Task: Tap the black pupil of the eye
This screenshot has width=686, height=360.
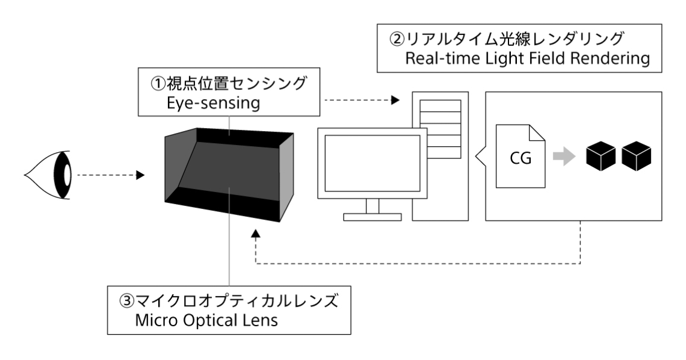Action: coord(63,176)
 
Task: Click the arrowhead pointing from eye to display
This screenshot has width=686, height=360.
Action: coord(139,176)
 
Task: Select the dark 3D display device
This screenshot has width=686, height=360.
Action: coord(229,172)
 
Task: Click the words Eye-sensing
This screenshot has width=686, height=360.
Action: coord(213,104)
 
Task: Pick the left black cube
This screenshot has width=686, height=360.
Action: coord(600,156)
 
